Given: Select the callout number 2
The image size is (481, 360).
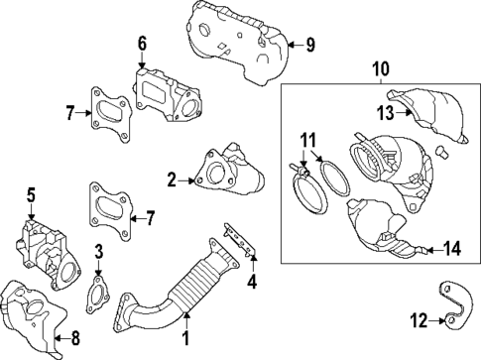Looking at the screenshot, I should (172, 180).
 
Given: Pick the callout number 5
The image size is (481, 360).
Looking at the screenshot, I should (31, 194).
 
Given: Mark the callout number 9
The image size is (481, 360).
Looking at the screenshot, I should (309, 44).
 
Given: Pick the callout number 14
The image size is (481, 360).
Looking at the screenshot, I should (450, 249).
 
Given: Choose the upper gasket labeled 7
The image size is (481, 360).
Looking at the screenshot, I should (108, 111).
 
